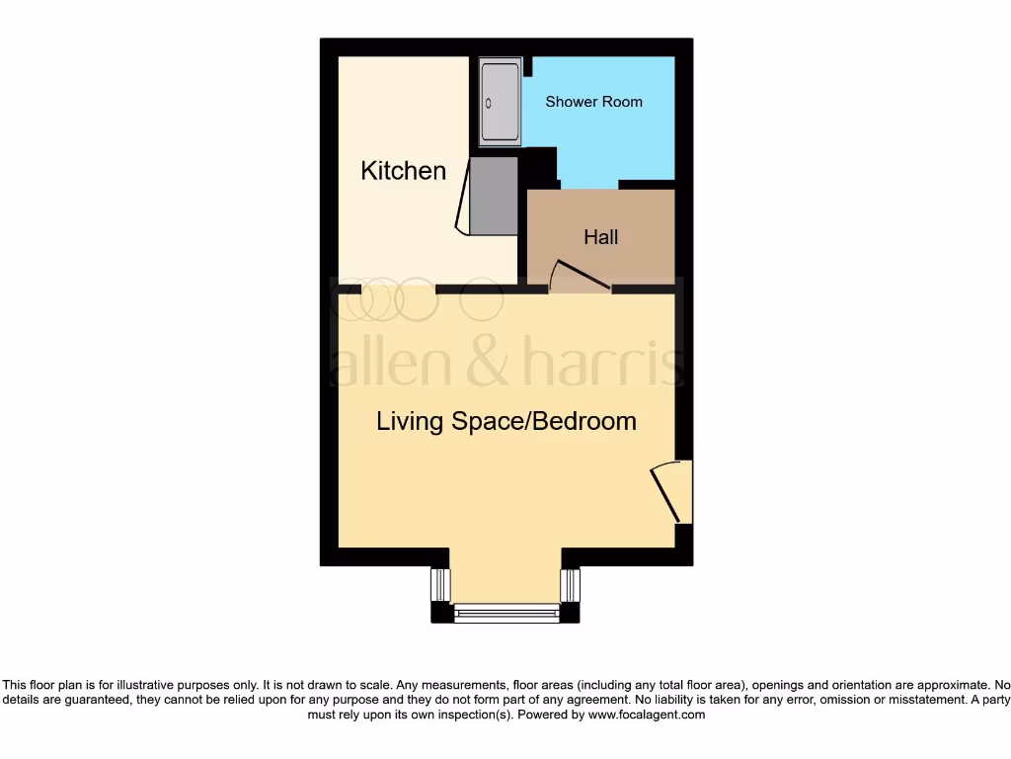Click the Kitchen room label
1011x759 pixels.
pyautogui.click(x=403, y=171)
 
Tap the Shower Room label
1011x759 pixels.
pyautogui.click(x=593, y=102)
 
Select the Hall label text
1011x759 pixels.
pyautogui.click(x=600, y=237)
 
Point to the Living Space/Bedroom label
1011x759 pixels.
pyautogui.click(x=505, y=421)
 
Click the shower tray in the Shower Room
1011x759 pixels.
pyautogui.click(x=499, y=102)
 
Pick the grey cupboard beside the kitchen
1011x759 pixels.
pyautogui.click(x=493, y=197)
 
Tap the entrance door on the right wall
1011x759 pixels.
pyautogui.click(x=671, y=491)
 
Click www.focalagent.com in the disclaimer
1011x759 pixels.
pyautogui.click(x=646, y=715)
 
